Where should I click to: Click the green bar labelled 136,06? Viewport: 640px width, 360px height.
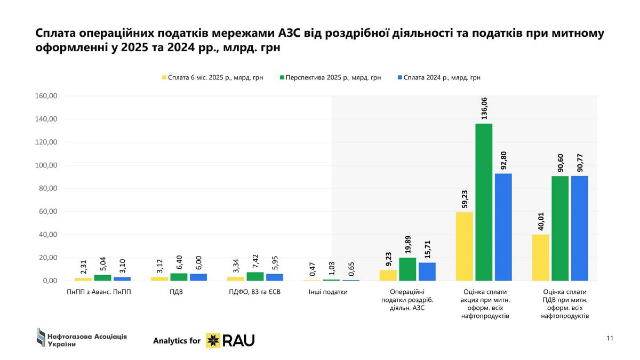click(x=484, y=202)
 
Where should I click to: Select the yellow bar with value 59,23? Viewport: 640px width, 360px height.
click(x=465, y=246)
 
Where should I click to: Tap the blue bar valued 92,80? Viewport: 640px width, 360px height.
click(x=503, y=227)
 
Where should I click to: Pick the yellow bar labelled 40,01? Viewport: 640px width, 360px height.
click(x=541, y=258)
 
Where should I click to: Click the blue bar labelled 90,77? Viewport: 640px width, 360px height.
click(x=579, y=228)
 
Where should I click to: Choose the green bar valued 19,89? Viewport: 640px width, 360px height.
click(x=407, y=269)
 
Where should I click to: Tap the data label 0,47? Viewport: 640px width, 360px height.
click(x=313, y=269)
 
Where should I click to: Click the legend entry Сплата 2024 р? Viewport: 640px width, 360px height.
click(x=442, y=77)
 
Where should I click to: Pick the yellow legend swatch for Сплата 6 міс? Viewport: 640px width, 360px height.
click(x=164, y=77)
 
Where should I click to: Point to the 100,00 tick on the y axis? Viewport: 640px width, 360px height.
click(x=45, y=165)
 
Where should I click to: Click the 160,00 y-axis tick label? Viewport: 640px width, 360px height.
click(x=45, y=96)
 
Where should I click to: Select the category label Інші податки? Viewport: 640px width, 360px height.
click(x=328, y=292)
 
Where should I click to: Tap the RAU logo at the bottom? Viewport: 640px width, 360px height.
click(x=230, y=340)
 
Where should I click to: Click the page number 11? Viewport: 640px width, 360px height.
click(x=610, y=338)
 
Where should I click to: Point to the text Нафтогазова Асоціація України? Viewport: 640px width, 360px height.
click(x=87, y=340)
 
